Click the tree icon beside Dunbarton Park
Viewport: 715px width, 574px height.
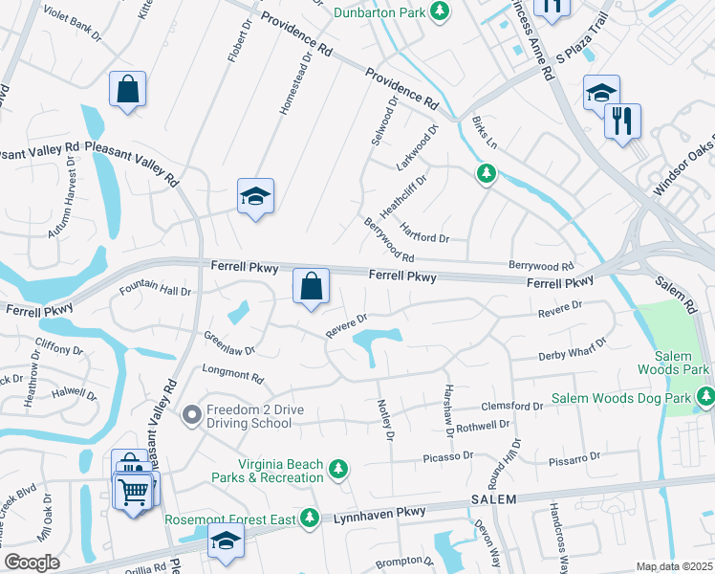point(439,11)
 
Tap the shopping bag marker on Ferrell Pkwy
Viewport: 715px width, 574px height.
point(311,286)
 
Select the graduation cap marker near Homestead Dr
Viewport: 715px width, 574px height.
point(255,197)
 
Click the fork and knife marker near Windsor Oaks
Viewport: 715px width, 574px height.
point(622,121)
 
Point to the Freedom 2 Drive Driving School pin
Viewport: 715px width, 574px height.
point(191,414)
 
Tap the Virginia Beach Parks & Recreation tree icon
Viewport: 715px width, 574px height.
point(337,469)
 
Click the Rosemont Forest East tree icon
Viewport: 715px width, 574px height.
point(309,519)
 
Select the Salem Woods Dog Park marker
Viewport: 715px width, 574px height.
point(705,396)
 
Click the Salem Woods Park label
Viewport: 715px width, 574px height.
point(675,363)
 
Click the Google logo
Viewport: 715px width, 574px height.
point(32,562)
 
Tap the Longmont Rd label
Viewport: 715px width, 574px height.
point(231,372)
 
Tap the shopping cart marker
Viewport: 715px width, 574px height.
point(134,492)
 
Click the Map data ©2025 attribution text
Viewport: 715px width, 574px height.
point(674,566)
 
